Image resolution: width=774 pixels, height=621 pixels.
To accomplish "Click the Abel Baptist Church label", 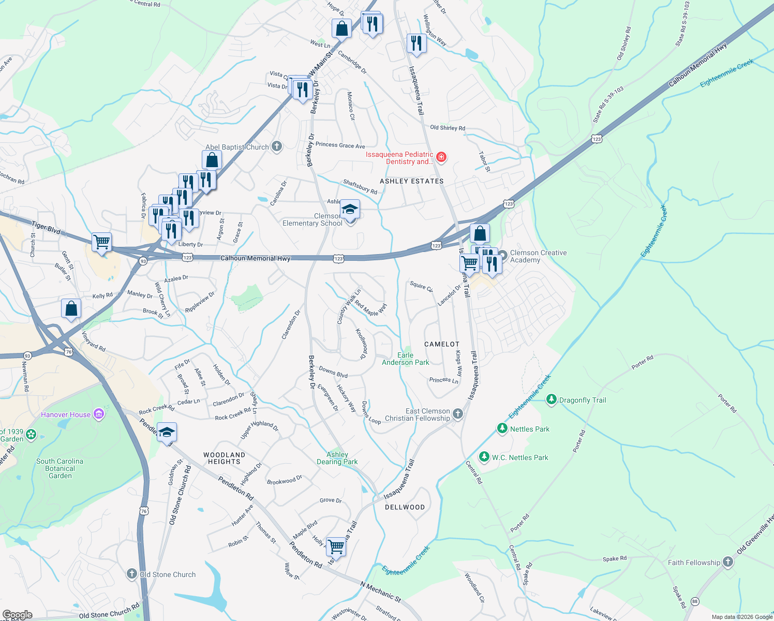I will click(237, 147).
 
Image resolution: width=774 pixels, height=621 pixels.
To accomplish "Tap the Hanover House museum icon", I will click(99, 414).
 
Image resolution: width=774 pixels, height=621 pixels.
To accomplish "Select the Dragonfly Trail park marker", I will click(552, 400).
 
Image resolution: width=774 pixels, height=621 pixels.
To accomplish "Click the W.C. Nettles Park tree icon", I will click(484, 457).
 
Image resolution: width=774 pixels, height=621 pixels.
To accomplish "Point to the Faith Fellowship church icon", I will click(728, 562).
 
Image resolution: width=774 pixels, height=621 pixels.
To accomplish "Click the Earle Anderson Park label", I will click(405, 359).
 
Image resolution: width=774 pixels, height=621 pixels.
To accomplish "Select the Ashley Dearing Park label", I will click(337, 458).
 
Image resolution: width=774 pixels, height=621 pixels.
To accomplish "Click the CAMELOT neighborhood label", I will click(441, 344).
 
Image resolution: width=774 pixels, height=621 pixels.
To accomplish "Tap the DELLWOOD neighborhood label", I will click(405, 507).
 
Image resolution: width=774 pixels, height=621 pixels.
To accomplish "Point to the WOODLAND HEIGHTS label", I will click(224, 458).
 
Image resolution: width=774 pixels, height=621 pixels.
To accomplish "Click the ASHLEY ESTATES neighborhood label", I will click(411, 181).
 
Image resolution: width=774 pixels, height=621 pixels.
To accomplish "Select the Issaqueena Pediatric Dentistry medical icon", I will click(441, 157).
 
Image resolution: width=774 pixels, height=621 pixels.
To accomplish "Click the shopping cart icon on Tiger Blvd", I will click(101, 241).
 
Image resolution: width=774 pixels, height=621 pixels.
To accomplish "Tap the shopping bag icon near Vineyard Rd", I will click(71, 308).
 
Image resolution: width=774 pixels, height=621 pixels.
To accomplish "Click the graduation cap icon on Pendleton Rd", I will click(167, 432).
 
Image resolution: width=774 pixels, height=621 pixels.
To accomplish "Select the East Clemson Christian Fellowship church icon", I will click(457, 413).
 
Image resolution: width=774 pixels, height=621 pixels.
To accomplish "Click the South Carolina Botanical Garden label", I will click(59, 468).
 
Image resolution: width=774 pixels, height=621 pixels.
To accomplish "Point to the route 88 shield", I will click(694, 601).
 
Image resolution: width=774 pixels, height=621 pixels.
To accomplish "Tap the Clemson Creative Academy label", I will click(538, 256).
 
